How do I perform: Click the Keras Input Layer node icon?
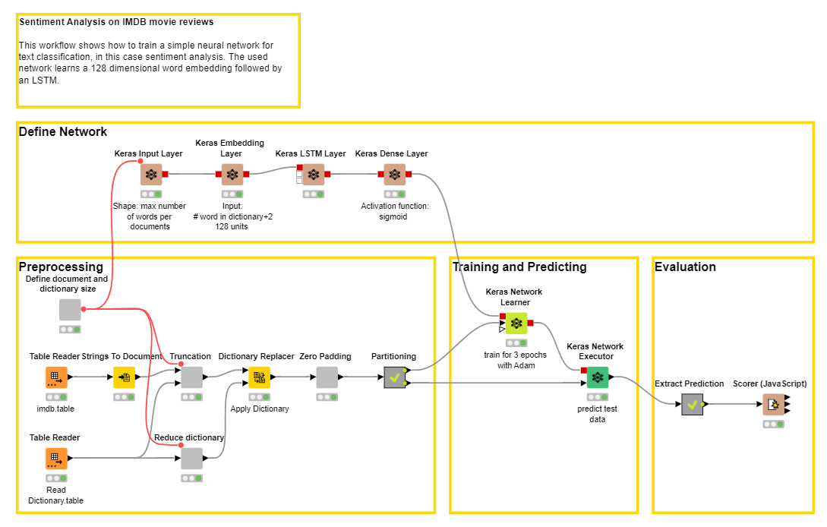click(151, 175)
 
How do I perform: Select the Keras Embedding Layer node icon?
click(232, 175)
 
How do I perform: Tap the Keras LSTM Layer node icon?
click(314, 175)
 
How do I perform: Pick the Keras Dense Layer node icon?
click(394, 175)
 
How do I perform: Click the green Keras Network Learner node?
click(516, 323)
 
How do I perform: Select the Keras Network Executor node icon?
click(598, 377)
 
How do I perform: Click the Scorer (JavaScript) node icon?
click(773, 405)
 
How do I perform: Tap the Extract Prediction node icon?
click(692, 405)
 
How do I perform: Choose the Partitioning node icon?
click(394, 377)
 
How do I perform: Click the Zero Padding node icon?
click(327, 377)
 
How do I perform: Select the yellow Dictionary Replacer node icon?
click(259, 377)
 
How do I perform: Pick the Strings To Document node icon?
click(124, 377)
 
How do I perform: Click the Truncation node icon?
click(191, 377)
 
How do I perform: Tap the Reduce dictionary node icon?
click(191, 459)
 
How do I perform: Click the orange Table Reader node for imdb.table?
click(56, 377)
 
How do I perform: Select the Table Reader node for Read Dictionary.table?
click(56, 459)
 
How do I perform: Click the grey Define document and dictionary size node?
click(70, 310)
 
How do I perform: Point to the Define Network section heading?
click(63, 132)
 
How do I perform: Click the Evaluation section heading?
click(685, 267)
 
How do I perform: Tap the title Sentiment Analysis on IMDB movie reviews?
click(116, 22)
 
